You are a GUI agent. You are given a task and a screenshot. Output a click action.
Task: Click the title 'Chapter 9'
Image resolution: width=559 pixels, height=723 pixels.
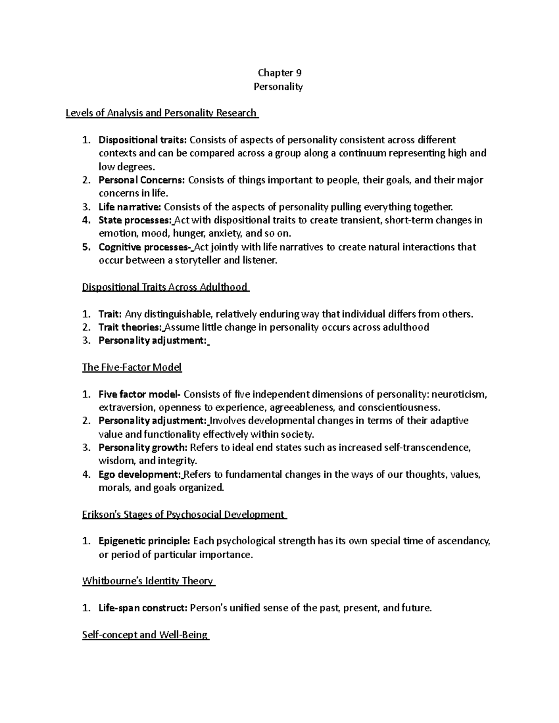pos(279,73)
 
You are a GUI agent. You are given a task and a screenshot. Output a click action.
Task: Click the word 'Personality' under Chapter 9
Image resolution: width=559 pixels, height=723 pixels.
pos(278,87)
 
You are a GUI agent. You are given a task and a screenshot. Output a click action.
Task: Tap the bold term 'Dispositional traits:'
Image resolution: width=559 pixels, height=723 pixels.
pos(142,140)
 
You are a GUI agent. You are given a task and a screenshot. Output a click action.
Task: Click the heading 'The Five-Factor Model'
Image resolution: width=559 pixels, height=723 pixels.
pos(132,367)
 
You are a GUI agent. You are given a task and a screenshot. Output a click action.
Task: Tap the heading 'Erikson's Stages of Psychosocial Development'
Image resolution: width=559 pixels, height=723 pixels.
pos(184,514)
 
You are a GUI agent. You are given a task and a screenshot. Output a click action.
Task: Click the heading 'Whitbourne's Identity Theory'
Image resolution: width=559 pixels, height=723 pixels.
pos(148,581)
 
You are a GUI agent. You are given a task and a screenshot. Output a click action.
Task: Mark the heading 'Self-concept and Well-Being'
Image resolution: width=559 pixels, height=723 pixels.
pos(145,635)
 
